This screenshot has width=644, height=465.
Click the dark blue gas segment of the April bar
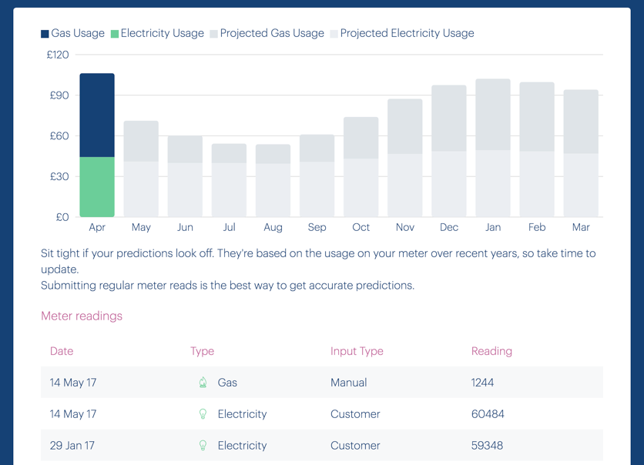(97, 115)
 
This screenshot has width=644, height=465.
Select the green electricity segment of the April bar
(97, 187)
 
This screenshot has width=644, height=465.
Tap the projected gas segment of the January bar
(493, 115)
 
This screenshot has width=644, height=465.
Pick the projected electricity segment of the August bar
(273, 190)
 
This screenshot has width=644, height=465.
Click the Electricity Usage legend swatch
(115, 34)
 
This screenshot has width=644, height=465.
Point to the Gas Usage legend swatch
(45, 34)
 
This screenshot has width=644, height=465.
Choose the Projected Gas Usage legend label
(272, 33)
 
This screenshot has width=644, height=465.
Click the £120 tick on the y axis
(58, 55)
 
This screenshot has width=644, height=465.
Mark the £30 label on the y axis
(59, 176)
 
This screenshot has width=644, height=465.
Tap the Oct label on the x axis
(361, 227)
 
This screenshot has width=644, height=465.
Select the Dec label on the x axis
(449, 227)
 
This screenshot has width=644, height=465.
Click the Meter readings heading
(82, 316)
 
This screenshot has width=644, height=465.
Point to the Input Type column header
(357, 351)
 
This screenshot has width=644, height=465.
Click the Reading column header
(491, 351)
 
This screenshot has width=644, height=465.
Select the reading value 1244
(483, 383)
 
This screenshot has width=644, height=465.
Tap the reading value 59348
(488, 446)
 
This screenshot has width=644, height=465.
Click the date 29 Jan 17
(73, 446)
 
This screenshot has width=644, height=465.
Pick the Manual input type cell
(348, 383)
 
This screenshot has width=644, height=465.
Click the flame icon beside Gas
(203, 383)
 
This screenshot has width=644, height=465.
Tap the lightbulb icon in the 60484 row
(203, 414)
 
